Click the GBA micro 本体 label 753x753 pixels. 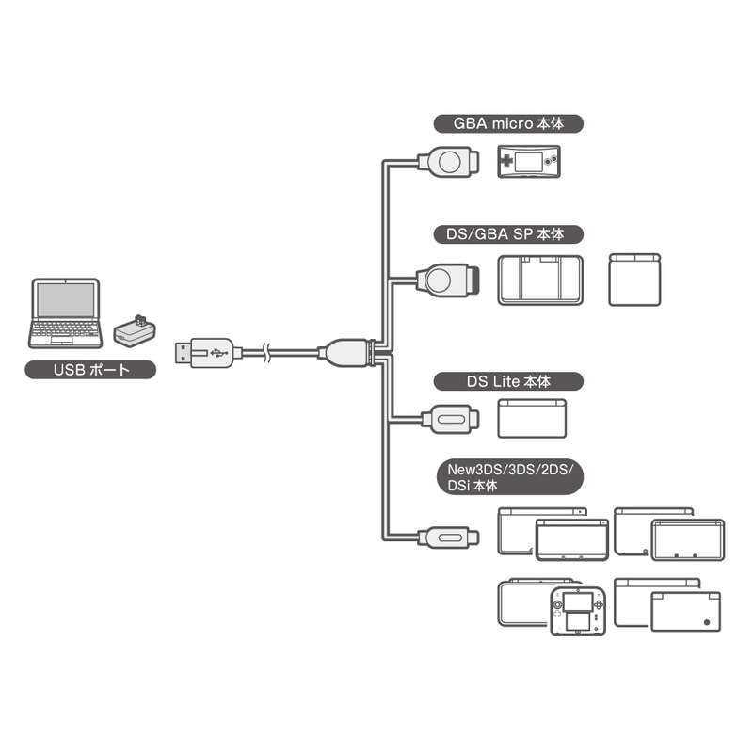[x=508, y=123]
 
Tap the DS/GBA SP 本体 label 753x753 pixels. [x=508, y=234]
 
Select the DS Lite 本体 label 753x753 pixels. [x=508, y=381]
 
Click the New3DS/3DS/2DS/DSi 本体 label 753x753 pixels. [x=509, y=477]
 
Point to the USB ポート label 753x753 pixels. [x=90, y=370]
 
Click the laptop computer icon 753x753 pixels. [x=65, y=313]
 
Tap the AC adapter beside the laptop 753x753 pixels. [x=135, y=330]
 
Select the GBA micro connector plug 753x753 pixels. [x=449, y=161]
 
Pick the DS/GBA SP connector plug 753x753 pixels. [x=448, y=280]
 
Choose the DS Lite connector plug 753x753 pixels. [x=450, y=419]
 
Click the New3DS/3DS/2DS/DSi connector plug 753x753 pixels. [x=448, y=537]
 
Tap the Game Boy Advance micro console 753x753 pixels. [x=529, y=161]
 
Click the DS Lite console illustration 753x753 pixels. [x=532, y=418]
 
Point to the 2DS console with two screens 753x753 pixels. [x=577, y=610]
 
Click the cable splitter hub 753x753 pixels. [x=347, y=354]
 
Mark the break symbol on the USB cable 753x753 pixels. [x=267, y=353]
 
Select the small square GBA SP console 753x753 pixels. [x=634, y=280]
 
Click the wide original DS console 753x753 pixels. [x=540, y=280]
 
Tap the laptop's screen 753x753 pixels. [x=66, y=300]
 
